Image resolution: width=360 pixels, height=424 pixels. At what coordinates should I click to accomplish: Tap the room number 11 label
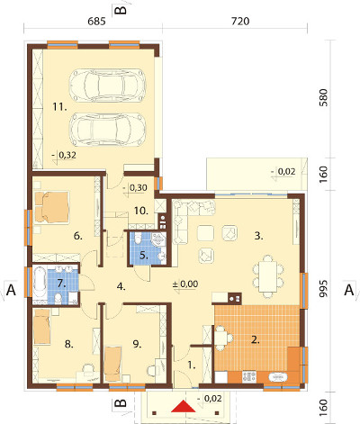pyautogui.click(x=59, y=106)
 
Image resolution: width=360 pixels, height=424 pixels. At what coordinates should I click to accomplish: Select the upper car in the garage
pyautogui.click(x=106, y=85)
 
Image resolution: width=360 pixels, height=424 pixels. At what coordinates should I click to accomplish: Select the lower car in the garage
pyautogui.click(x=108, y=130)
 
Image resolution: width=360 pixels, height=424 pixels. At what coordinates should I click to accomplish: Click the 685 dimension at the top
pyautogui.click(x=97, y=22)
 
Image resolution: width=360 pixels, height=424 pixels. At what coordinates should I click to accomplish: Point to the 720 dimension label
pyautogui.click(x=240, y=22)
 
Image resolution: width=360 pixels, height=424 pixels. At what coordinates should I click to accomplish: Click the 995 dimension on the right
pyautogui.click(x=323, y=289)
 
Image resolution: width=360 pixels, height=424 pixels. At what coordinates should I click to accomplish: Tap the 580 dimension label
pyautogui.click(x=323, y=98)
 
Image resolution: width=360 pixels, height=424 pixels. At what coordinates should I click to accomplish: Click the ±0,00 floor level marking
pyautogui.click(x=185, y=284)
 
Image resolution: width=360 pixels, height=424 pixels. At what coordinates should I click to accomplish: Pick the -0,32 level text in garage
pyautogui.click(x=64, y=155)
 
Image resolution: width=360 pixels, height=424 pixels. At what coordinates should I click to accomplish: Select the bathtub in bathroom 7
pyautogui.click(x=40, y=284)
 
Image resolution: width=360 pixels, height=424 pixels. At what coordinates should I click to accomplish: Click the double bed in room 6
pyautogui.click(x=52, y=207)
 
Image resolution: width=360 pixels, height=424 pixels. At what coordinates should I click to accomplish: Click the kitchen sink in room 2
pyautogui.click(x=279, y=376)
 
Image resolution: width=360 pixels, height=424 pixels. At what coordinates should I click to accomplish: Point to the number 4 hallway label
pyautogui.click(x=121, y=287)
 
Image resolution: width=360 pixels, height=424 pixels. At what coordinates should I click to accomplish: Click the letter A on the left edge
pyautogui.click(x=11, y=290)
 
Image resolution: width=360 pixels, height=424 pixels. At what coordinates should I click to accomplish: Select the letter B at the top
pyautogui.click(x=121, y=10)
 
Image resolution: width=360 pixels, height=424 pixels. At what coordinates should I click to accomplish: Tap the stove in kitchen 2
pyautogui.click(x=249, y=376)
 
